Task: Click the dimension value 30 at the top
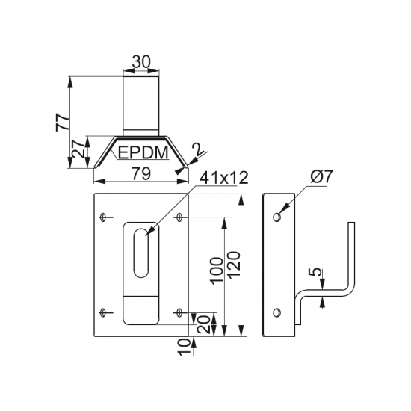(x=141, y=62)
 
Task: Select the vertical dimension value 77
(x=63, y=122)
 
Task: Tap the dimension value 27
(x=78, y=149)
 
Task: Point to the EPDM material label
(x=143, y=152)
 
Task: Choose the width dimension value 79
(x=141, y=173)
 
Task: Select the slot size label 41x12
(x=223, y=178)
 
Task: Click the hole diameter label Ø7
(x=321, y=176)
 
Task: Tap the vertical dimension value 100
(x=217, y=271)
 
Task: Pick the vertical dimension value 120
(x=234, y=265)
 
